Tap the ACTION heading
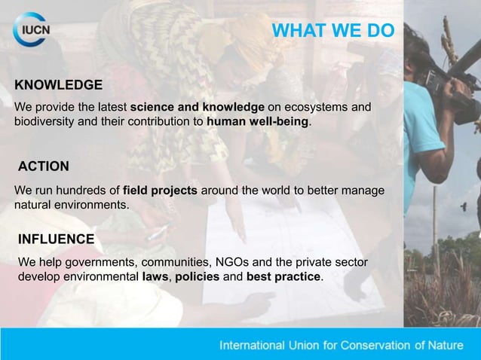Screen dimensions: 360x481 (44, 166)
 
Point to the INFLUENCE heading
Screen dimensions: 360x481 (56, 239)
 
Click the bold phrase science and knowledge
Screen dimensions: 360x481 (198, 108)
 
